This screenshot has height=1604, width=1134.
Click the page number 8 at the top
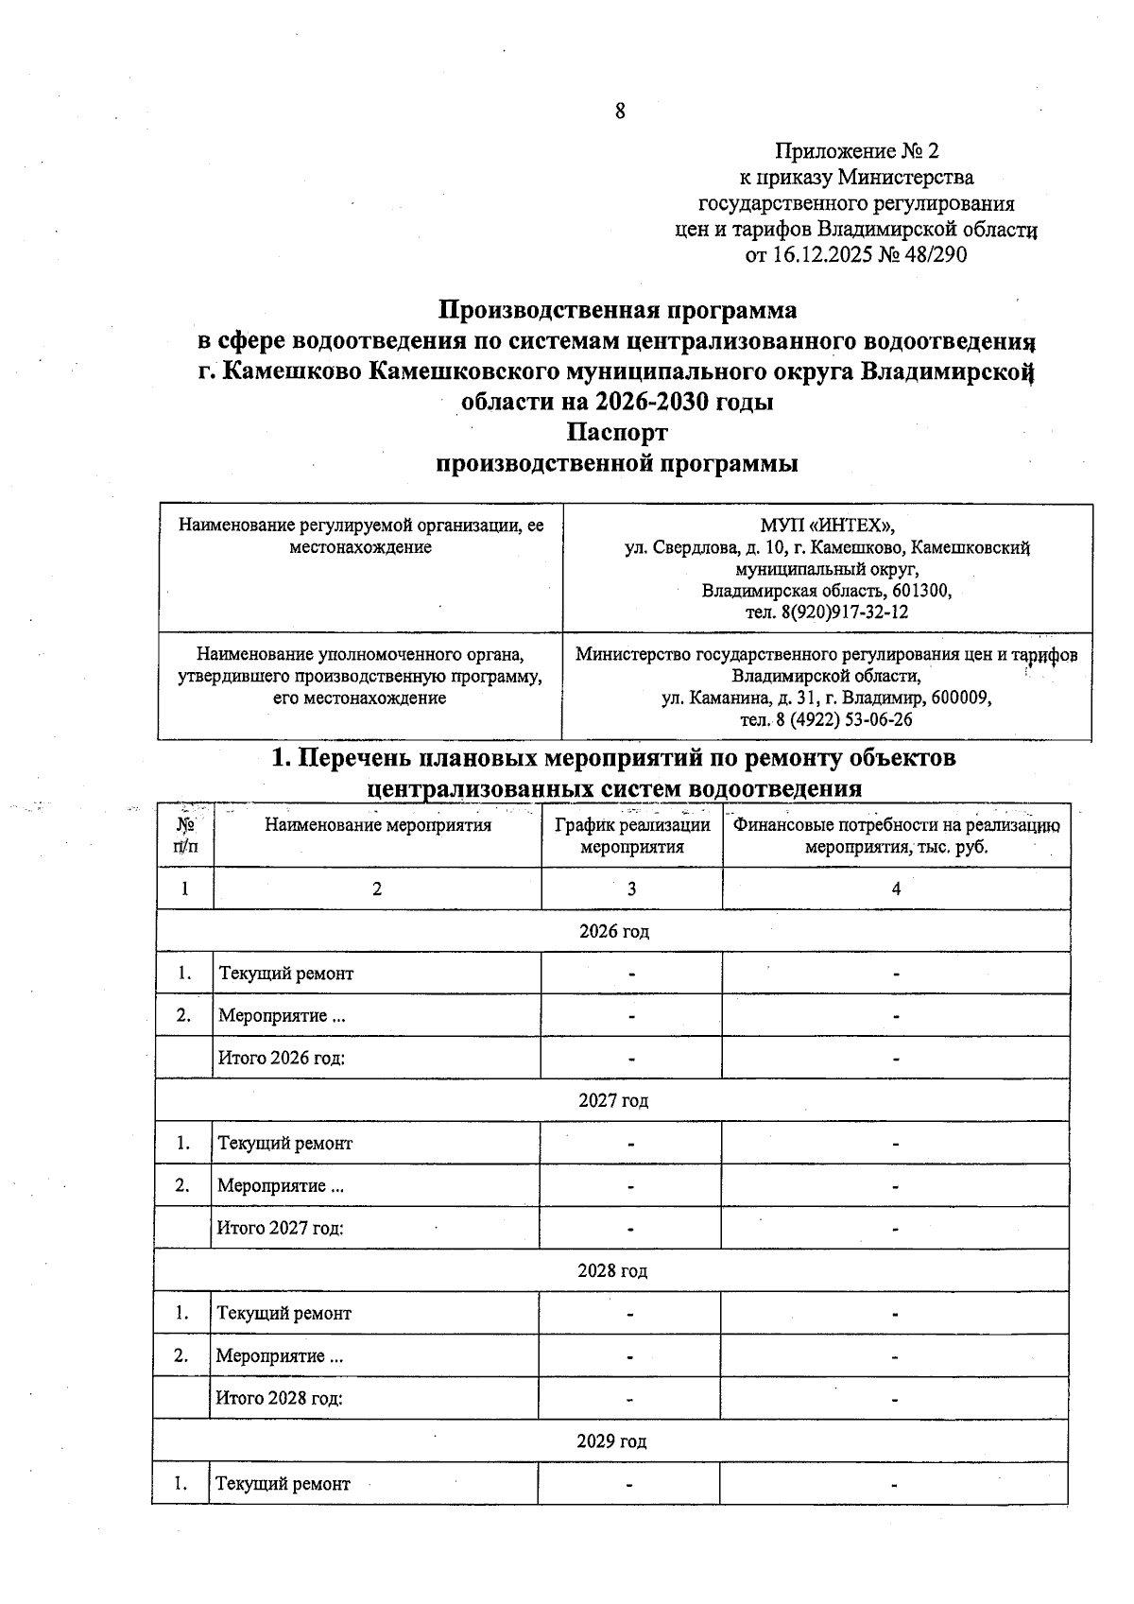tap(620, 112)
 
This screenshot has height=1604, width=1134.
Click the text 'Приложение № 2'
tap(857, 151)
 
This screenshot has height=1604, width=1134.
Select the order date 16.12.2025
tap(827, 255)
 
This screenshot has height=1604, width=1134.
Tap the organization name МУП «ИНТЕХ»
tap(827, 526)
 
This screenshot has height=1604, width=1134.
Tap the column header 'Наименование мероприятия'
tap(378, 825)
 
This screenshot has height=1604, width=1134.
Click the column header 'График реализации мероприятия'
tap(631, 836)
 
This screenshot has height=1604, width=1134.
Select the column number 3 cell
tap(631, 888)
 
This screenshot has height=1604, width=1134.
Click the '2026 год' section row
tap(613, 931)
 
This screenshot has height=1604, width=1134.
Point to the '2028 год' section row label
tap(612, 1271)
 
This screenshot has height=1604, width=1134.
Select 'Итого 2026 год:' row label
tap(281, 1058)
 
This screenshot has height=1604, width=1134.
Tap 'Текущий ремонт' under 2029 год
tap(283, 1484)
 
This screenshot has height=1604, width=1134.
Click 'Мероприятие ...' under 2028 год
tap(280, 1356)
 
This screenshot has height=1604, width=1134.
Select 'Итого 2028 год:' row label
tap(279, 1399)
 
